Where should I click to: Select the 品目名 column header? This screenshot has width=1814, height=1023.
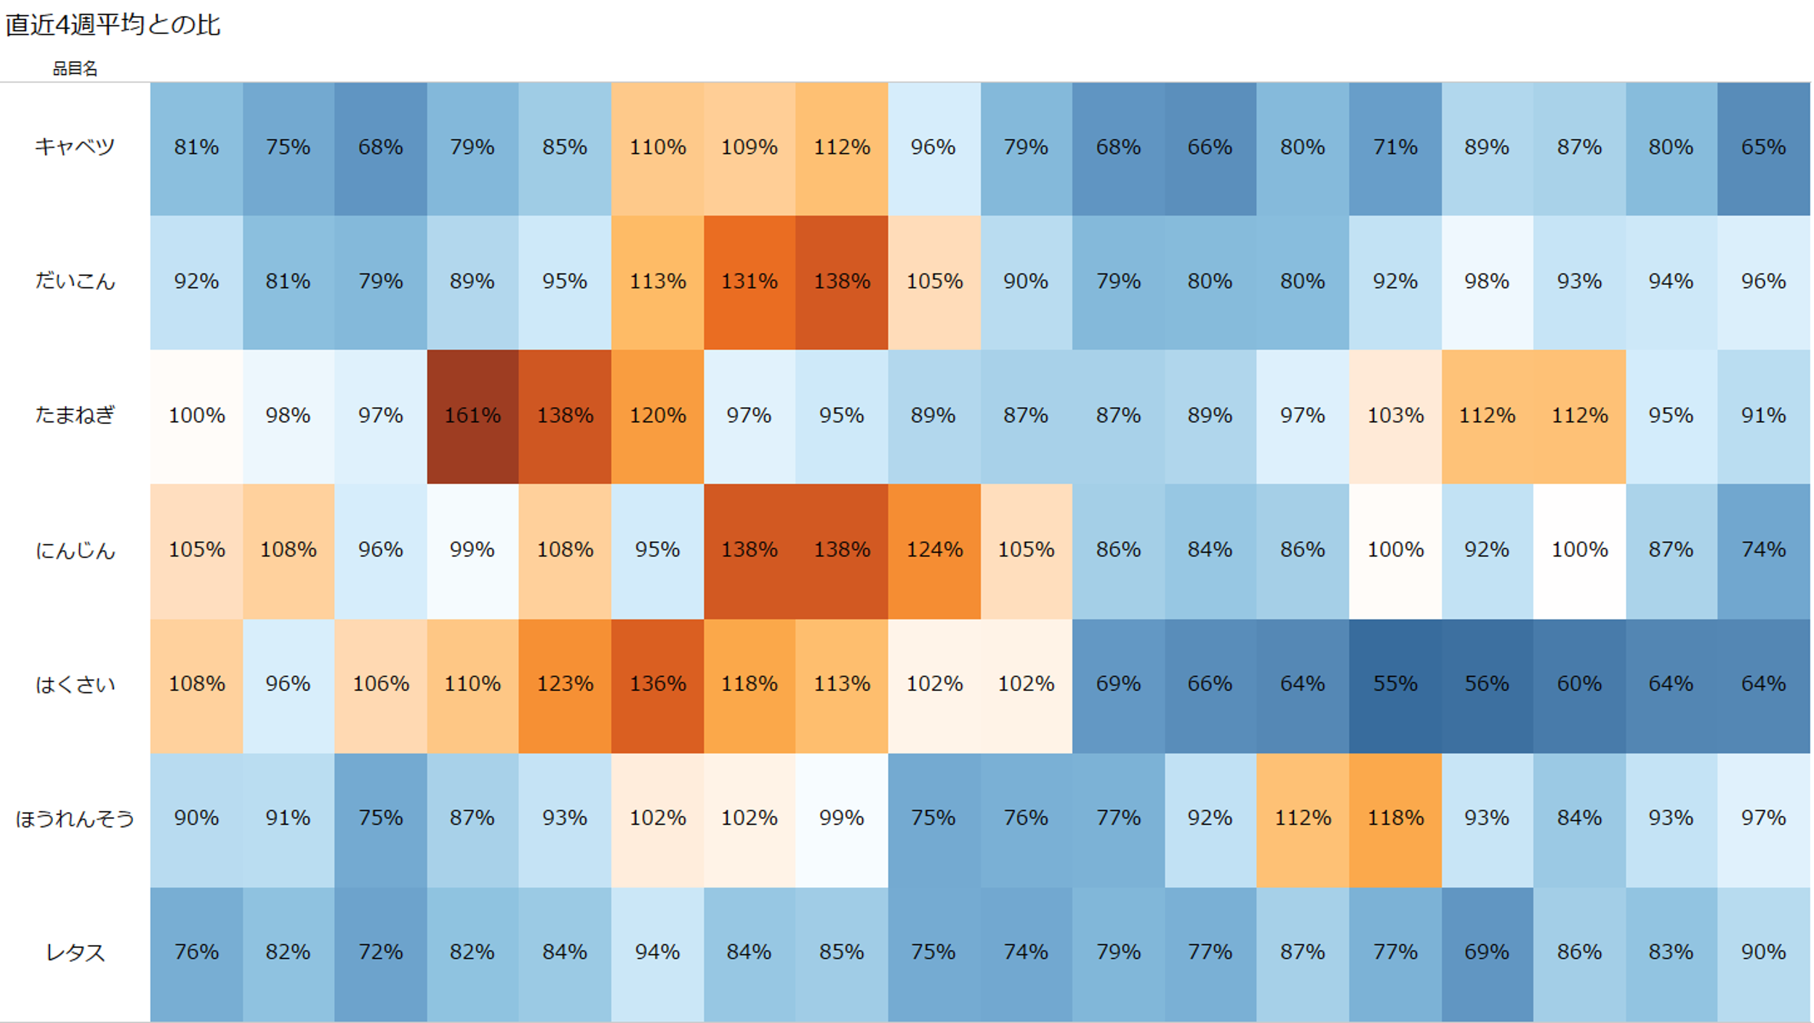(75, 68)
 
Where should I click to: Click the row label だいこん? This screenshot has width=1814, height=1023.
(75, 281)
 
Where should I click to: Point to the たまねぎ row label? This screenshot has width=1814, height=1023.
(75, 415)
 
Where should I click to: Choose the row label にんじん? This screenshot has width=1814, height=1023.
(75, 550)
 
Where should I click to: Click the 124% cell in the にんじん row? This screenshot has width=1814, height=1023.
(934, 550)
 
